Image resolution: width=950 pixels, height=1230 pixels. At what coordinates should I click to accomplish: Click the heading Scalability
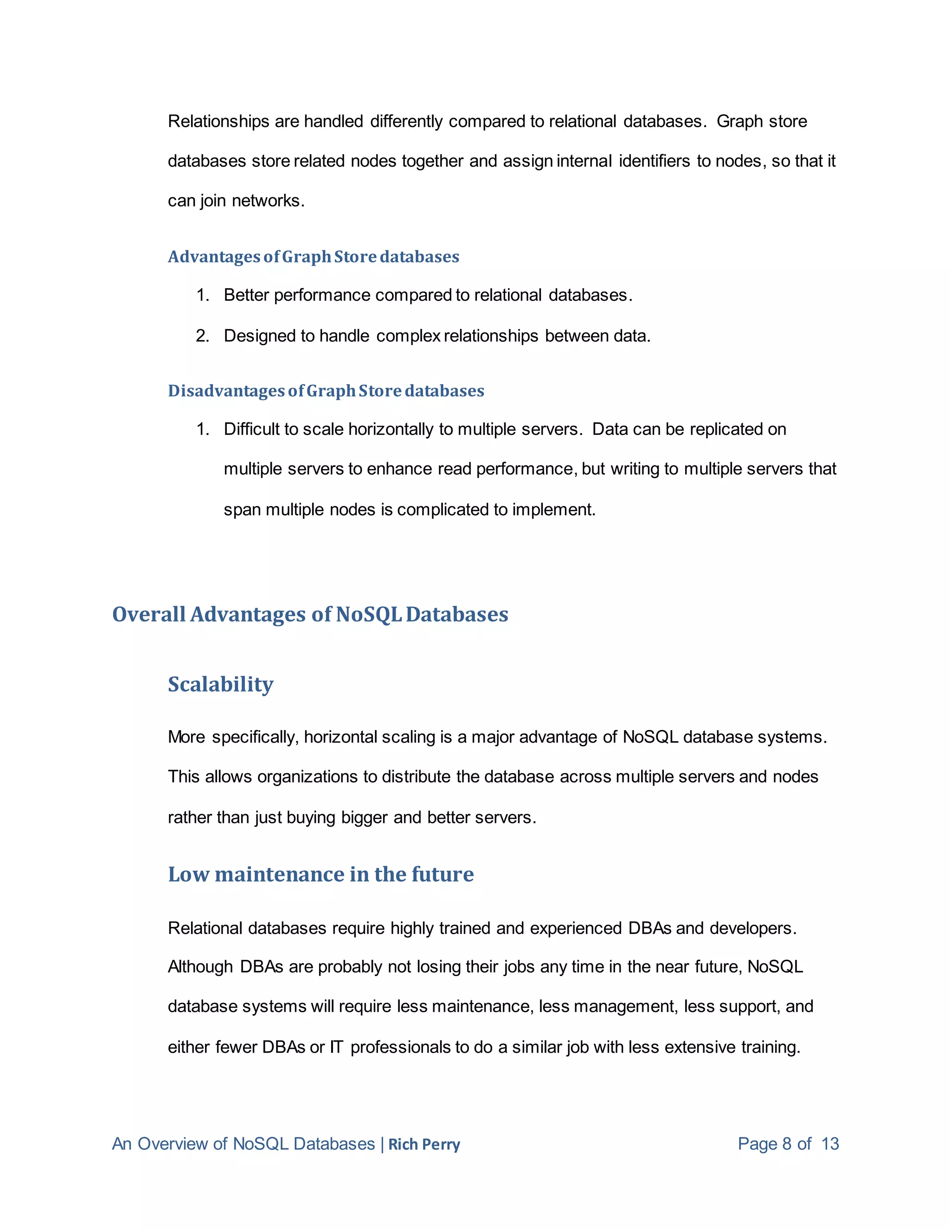221,684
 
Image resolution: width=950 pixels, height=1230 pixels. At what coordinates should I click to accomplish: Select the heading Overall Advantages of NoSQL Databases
310,615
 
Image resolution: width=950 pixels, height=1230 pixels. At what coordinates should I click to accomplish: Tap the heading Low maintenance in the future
321,874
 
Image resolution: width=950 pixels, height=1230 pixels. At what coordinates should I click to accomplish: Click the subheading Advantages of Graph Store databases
314,257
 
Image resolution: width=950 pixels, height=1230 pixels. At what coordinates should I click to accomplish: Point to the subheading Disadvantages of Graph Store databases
326,391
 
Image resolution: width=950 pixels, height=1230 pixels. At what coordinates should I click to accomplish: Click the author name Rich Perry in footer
424,1145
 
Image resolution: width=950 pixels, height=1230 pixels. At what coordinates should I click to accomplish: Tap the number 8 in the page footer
787,1144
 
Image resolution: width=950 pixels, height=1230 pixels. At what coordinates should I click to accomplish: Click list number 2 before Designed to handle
202,336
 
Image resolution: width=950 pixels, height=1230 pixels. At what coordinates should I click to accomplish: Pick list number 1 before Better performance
202,295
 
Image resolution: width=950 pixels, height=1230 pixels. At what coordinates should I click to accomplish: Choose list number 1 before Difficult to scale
202,430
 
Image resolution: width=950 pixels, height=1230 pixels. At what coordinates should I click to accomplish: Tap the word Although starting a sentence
200,967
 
